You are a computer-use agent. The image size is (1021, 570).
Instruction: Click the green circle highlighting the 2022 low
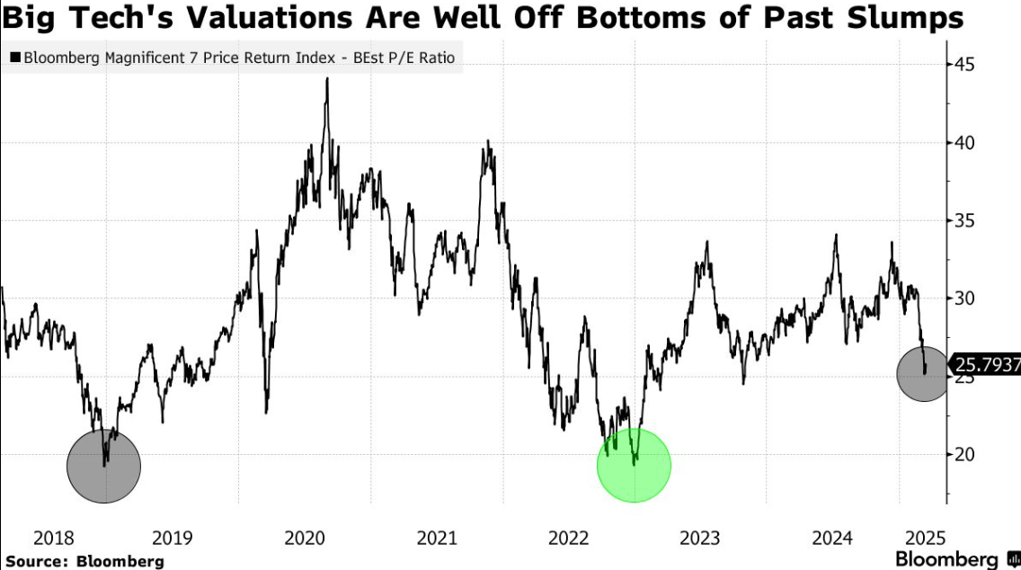tap(634, 465)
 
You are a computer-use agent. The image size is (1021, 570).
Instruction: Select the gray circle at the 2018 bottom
tap(104, 465)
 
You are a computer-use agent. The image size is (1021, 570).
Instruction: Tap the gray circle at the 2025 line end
tap(922, 373)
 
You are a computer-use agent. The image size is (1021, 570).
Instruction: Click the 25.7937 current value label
tap(986, 365)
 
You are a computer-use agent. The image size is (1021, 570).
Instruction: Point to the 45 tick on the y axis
tap(967, 65)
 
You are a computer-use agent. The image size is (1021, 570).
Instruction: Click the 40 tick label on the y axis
tap(967, 143)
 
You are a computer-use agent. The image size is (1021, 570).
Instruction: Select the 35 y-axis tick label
tap(967, 220)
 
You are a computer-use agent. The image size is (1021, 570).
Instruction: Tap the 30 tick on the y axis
tap(967, 298)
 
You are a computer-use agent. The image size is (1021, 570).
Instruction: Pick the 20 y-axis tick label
tap(967, 454)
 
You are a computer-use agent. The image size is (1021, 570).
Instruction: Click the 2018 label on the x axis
tap(52, 539)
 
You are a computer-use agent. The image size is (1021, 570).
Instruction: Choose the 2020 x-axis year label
tap(304, 539)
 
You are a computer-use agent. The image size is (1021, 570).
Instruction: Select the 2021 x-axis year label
tap(437, 539)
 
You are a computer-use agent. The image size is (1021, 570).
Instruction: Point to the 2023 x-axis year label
tap(699, 539)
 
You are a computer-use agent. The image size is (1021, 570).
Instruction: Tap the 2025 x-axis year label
tap(922, 539)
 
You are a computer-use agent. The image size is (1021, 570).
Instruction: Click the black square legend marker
tap(14, 58)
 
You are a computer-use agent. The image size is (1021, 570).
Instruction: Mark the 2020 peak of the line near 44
tap(326, 78)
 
